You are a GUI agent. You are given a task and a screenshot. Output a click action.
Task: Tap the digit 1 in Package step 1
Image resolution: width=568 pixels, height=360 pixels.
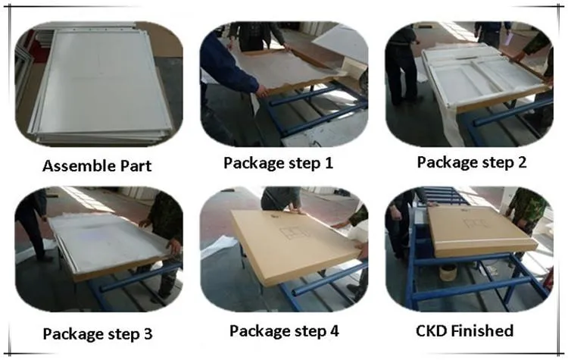pyautogui.click(x=328, y=162)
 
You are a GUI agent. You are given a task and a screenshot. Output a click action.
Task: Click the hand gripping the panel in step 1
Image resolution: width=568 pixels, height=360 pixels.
pyautogui.click(x=261, y=91)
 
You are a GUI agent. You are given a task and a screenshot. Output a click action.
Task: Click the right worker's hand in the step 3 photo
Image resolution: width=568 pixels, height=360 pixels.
pyautogui.click(x=174, y=246)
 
